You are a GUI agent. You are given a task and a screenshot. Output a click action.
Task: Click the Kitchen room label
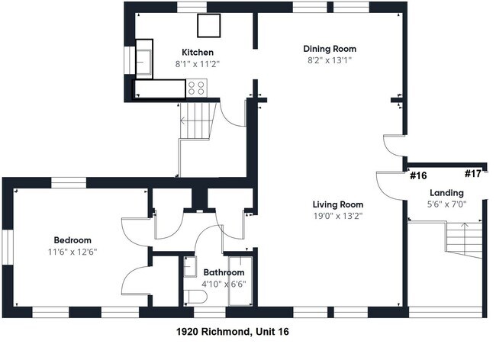(192, 53)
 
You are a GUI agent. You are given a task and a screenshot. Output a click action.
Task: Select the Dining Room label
(330, 49)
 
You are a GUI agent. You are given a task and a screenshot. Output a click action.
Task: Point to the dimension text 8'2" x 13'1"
(330, 60)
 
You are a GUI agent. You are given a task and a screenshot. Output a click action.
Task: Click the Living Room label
(337, 204)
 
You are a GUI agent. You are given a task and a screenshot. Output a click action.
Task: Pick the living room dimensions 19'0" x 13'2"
(337, 216)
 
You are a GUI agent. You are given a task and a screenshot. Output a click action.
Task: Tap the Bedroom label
(72, 239)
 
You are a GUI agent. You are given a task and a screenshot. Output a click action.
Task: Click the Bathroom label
(223, 272)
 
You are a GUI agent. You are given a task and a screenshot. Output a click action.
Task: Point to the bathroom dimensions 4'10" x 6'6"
(223, 284)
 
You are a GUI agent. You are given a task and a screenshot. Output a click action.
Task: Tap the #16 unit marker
(417, 175)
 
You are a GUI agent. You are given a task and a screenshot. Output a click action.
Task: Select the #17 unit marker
(472, 174)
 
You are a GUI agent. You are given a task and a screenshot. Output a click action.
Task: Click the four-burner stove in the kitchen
(196, 88)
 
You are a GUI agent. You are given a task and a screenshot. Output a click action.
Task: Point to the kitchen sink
(144, 59)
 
